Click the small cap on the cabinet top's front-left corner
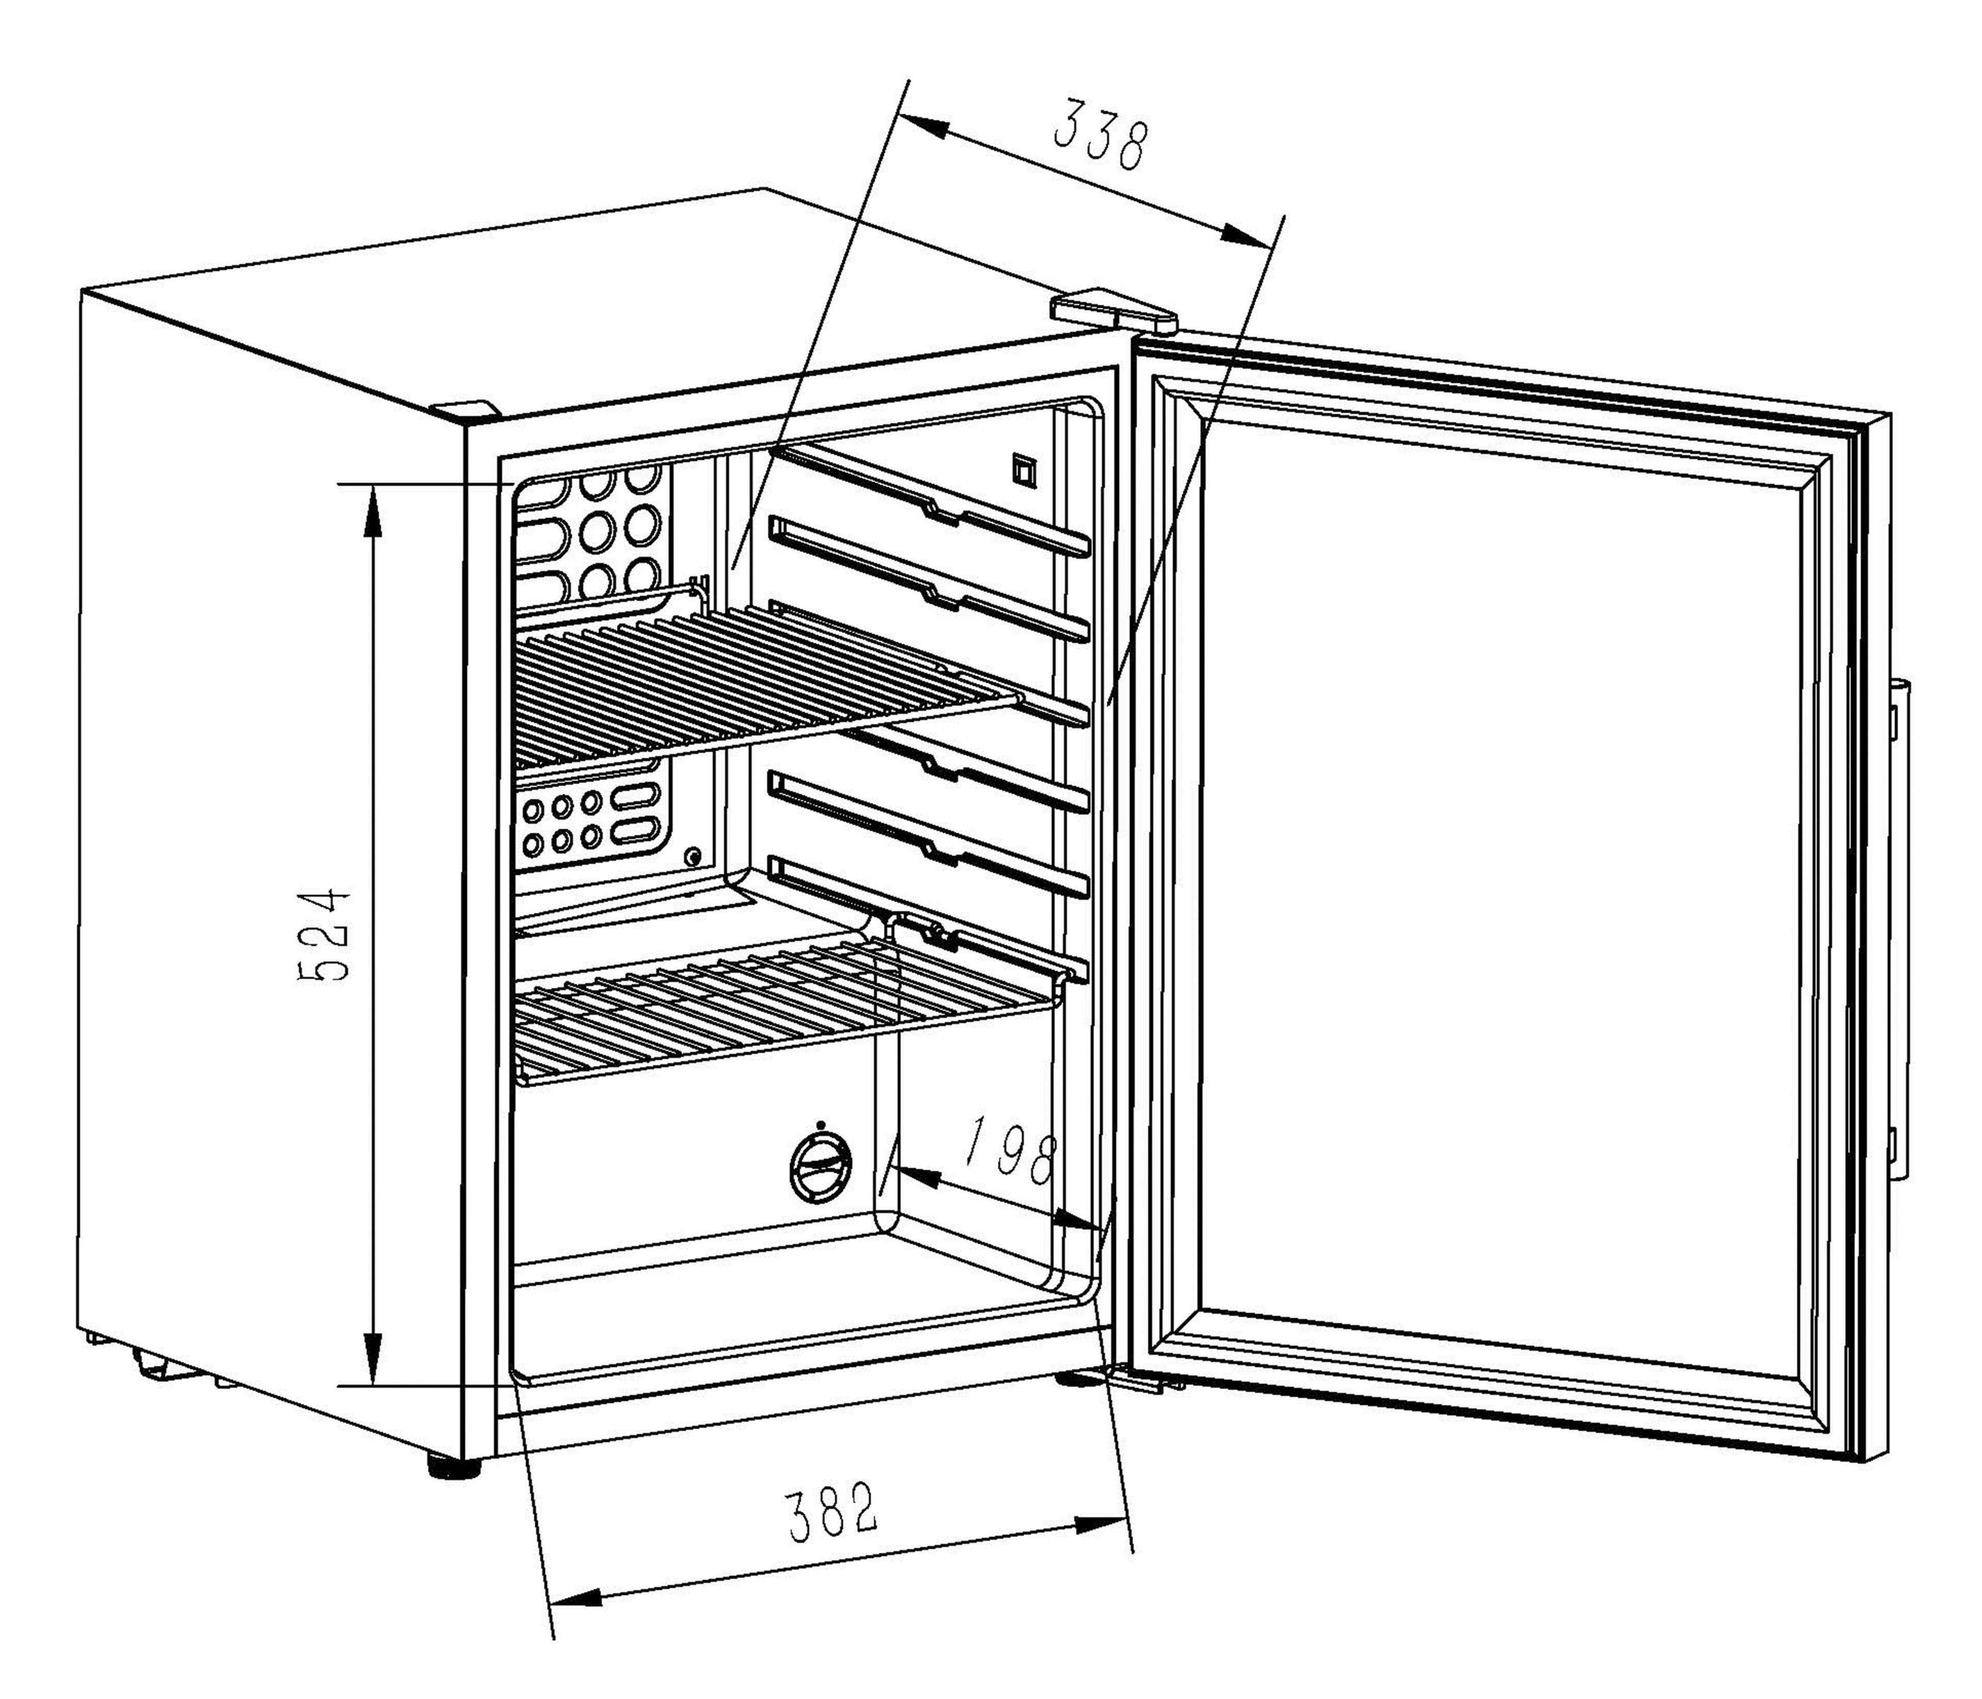click(x=466, y=408)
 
